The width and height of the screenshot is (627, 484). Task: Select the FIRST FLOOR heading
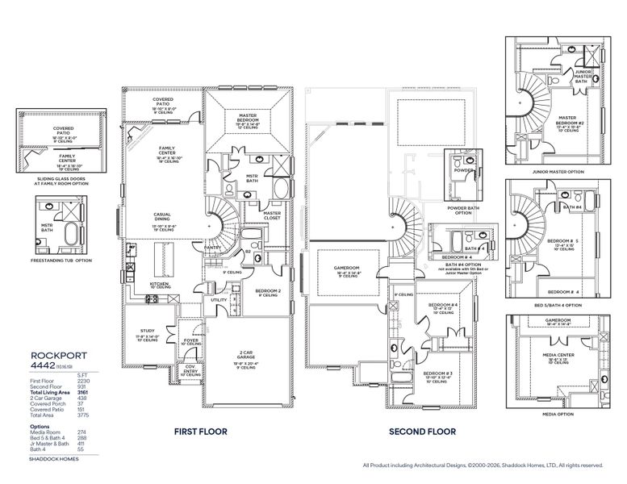201,432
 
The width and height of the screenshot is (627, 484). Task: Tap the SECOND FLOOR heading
423,432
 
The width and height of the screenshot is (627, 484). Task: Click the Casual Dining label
167,216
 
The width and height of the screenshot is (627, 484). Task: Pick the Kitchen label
158,284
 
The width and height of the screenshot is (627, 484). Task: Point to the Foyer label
191,340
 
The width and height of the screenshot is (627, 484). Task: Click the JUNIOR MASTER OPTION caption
553,172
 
